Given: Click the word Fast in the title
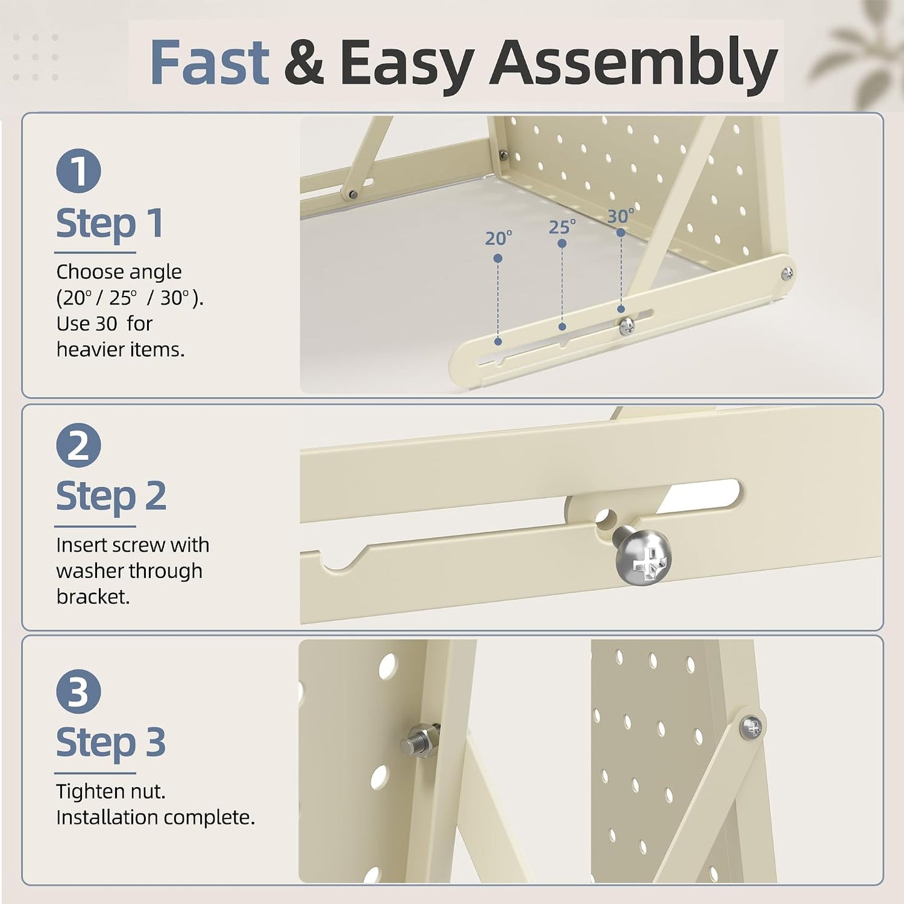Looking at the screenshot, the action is coord(209,63).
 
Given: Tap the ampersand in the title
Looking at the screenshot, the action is coord(304,63).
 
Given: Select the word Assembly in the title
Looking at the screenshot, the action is coord(633,66).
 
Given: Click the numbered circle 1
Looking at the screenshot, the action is coord(79,171).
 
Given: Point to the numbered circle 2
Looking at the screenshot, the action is coord(79,445).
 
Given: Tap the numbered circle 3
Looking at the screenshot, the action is coord(79,691).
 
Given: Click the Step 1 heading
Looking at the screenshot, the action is coord(109,224).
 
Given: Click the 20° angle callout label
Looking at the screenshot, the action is coord(498,238).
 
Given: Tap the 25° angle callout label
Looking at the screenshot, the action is coord(562,227).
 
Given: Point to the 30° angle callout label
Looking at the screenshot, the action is coord(621,216).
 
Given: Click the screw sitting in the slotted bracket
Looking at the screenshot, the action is coord(627,326).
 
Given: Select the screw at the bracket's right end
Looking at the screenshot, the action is coord(788,273).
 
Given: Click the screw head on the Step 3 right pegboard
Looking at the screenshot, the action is coord(751,728).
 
